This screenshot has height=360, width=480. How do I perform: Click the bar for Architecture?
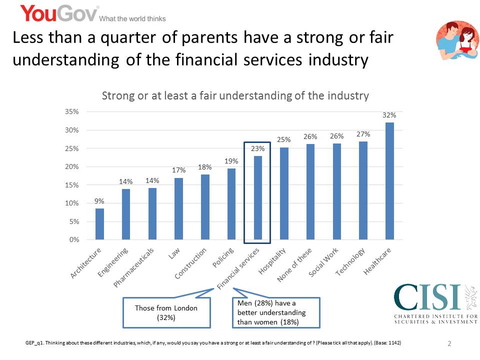tap(100, 224)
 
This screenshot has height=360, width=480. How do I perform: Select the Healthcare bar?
tap(390, 181)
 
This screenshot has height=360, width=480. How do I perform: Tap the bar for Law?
tap(179, 209)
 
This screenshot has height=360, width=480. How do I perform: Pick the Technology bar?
tap(363, 190)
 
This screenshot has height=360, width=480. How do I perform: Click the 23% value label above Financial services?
tap(257, 148)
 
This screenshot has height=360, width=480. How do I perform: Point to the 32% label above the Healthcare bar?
tap(389, 115)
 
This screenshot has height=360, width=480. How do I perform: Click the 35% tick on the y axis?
tap(72, 112)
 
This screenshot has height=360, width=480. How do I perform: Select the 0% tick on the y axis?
tap(73, 240)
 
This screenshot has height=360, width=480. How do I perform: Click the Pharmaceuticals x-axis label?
tap(134, 267)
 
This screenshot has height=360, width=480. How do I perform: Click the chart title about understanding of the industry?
tap(235, 95)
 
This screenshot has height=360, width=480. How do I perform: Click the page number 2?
tap(449, 344)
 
